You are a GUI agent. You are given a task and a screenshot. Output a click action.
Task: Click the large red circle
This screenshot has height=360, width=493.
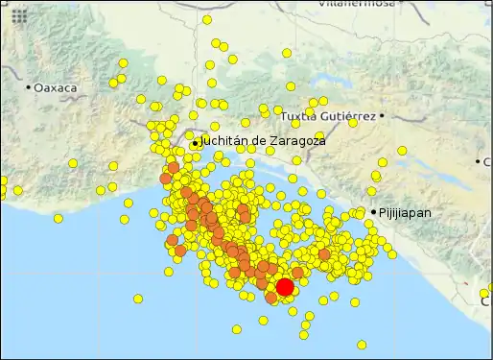point(285,287)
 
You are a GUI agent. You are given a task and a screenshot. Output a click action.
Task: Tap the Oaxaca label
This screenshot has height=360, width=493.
point(56,87)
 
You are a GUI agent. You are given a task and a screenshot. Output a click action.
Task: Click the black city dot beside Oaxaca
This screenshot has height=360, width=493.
point(29,87)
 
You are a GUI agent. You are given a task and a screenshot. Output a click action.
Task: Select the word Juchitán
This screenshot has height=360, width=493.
point(223,141)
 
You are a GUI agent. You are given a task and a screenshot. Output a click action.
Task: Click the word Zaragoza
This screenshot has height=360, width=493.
point(297,141)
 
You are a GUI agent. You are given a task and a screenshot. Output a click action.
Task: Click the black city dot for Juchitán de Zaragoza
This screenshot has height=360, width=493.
point(196,143)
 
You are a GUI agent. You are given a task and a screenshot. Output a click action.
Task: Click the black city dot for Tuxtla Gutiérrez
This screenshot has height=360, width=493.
point(382,116)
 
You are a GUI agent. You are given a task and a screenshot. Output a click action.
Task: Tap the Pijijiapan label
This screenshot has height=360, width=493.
point(405,212)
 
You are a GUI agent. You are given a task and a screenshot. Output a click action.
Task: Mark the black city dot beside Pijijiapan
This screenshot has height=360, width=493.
point(374,211)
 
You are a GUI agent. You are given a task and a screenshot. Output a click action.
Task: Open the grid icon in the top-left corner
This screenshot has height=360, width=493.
point(19,16)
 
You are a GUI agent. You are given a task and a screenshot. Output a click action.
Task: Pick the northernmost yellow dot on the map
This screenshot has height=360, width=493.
point(207,19)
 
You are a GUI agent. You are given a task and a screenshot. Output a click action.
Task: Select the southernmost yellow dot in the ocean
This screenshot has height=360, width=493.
point(362,345)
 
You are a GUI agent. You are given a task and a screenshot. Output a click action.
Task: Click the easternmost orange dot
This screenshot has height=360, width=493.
point(324,255)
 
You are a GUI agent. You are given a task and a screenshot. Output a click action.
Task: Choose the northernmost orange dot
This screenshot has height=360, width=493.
point(174,167)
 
